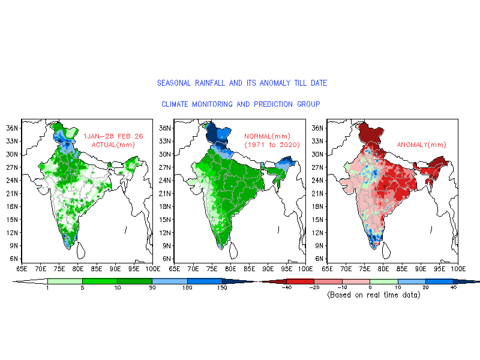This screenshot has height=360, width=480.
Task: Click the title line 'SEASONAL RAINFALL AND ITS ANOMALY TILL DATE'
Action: (x=242, y=83)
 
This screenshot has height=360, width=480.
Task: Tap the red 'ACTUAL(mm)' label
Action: (x=113, y=145)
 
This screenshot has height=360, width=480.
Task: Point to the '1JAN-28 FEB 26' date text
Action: (x=113, y=136)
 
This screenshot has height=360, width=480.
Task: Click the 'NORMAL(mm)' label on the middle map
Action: (x=267, y=136)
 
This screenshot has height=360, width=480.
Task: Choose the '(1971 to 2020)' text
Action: (x=272, y=145)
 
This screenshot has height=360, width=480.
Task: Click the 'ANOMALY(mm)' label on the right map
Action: (x=422, y=145)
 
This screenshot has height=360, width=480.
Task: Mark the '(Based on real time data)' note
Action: (x=373, y=295)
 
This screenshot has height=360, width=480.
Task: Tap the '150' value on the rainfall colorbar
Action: (x=222, y=289)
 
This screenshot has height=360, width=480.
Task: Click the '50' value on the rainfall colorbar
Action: (x=152, y=289)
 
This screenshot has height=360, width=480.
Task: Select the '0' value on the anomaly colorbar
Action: (x=370, y=289)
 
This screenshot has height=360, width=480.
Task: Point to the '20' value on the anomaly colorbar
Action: (x=425, y=289)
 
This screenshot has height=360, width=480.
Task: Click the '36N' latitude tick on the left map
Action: (x=13, y=128)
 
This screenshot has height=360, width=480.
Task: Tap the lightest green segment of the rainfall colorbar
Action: (x=65, y=281)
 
